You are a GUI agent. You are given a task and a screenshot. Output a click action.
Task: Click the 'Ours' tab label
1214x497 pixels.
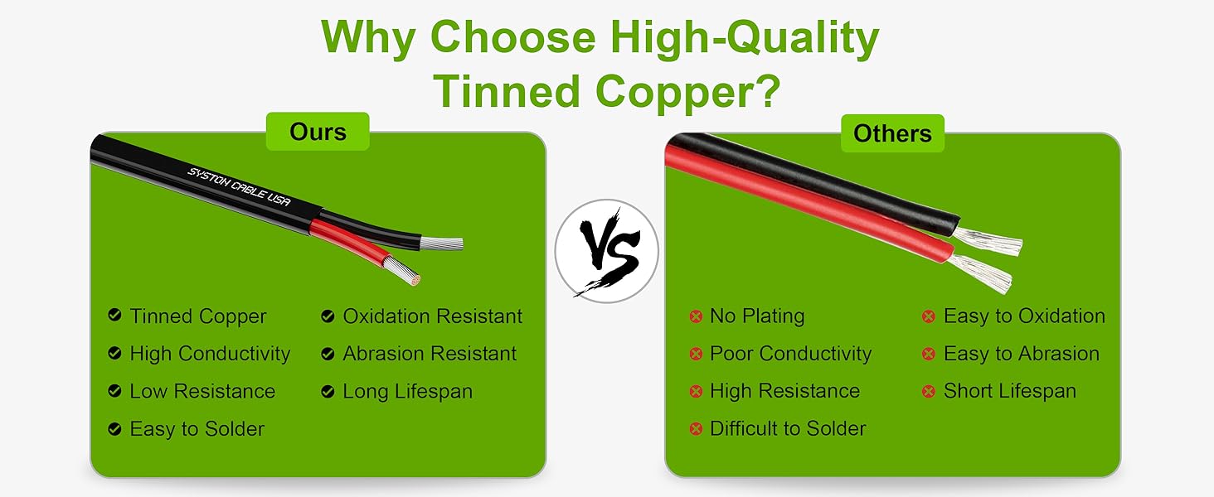[x=318, y=132]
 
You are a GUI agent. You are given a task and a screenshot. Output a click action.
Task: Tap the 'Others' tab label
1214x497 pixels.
[x=892, y=133]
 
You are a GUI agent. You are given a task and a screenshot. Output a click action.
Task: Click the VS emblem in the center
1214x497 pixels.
[x=606, y=251]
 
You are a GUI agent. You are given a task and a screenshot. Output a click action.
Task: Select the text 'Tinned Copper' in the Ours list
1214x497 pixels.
[x=198, y=316]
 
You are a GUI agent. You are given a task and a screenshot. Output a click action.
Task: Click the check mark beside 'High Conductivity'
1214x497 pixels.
[x=114, y=353]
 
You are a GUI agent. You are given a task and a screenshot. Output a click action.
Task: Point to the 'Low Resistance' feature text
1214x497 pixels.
[x=202, y=391]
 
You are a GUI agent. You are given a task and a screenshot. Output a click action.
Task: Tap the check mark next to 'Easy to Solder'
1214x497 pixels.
[x=114, y=429]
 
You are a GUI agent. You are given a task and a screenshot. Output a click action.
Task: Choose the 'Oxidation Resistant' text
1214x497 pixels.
[x=433, y=316]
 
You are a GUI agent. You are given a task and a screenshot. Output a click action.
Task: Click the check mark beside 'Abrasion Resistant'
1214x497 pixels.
[x=328, y=354]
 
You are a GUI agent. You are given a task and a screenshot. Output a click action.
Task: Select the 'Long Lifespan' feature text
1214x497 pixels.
[x=407, y=392]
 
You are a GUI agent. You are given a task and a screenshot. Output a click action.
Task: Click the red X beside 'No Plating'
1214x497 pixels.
[x=696, y=316]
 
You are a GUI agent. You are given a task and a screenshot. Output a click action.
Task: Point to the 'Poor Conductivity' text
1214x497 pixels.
[x=791, y=354]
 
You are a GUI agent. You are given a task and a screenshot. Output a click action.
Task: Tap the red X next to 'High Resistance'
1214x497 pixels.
[x=696, y=391]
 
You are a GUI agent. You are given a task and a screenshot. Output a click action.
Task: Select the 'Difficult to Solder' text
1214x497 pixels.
[x=788, y=428]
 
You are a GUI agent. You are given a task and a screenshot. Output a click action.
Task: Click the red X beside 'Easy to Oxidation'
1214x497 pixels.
[x=929, y=316]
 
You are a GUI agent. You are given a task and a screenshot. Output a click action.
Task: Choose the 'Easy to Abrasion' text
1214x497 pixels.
[x=1022, y=354]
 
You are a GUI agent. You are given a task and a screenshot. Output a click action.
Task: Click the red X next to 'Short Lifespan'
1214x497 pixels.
[x=929, y=391]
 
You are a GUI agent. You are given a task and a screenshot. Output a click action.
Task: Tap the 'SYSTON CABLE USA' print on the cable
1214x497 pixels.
[x=239, y=186]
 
